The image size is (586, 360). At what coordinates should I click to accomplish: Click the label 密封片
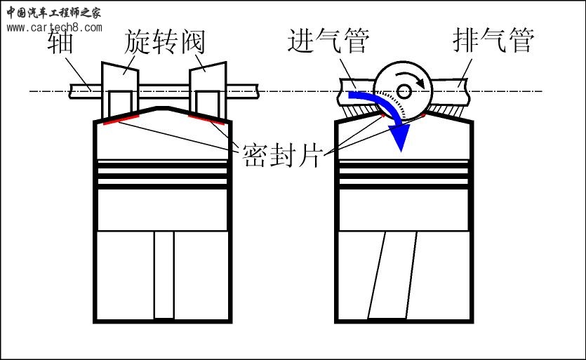pos(281,154)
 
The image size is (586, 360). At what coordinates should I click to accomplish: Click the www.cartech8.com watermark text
pos(54,28)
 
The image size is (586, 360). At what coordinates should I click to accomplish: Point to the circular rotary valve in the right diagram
pos(404,90)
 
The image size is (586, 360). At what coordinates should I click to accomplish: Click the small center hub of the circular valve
pos(403,90)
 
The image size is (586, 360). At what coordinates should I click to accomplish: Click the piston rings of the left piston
pos(164,175)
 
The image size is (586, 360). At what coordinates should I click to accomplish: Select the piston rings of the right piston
pos(403,175)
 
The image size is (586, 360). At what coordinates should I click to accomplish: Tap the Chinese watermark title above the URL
pos(54,12)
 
